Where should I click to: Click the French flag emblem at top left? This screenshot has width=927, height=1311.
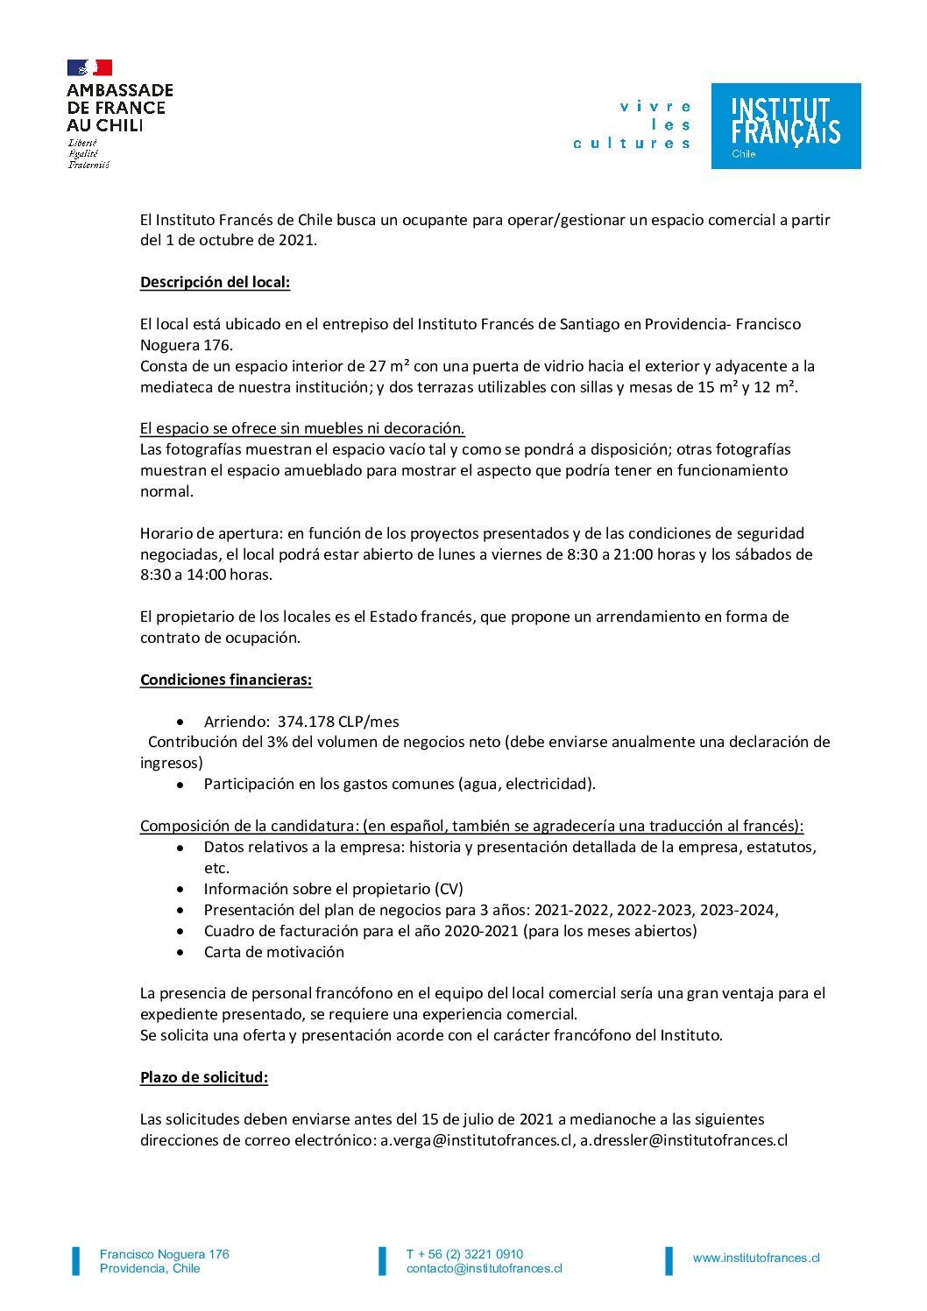(x=89, y=67)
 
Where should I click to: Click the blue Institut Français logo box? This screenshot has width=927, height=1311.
(x=785, y=126)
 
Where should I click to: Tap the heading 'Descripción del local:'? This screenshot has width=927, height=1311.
(x=215, y=282)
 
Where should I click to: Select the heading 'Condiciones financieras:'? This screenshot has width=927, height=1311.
(x=226, y=680)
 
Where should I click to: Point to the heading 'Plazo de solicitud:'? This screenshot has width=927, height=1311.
(x=204, y=1077)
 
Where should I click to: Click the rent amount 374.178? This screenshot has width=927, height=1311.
(x=306, y=722)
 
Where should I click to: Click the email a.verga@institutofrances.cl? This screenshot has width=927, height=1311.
(x=477, y=1140)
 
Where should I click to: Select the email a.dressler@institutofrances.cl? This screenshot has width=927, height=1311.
(x=683, y=1140)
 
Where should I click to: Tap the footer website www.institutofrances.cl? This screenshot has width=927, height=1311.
(x=756, y=1258)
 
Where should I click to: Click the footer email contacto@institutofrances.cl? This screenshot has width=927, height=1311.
(x=484, y=1269)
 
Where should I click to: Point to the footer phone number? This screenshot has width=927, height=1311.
(x=464, y=1254)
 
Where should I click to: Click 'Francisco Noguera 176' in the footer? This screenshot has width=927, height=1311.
(x=165, y=1254)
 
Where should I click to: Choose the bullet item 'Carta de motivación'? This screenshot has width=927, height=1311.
(x=273, y=952)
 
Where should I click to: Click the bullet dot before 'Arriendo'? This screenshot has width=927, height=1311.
(x=180, y=722)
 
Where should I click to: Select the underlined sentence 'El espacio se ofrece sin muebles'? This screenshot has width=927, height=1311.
(x=302, y=428)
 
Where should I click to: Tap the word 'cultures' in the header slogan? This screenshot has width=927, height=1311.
(x=632, y=144)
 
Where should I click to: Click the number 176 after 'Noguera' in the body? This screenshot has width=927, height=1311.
(x=216, y=345)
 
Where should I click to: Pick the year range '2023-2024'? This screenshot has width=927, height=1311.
(x=740, y=910)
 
